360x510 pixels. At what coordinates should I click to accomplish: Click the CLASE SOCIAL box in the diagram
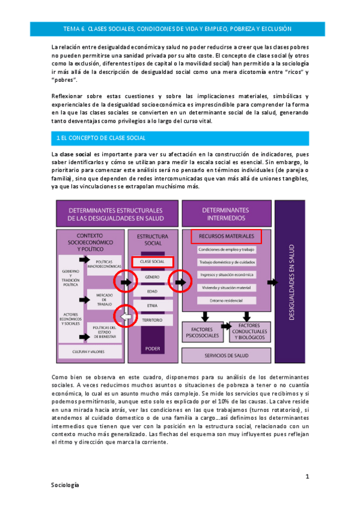click(x=153, y=262)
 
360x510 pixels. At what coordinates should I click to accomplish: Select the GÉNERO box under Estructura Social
click(x=153, y=277)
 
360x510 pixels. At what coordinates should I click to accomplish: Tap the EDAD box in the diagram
click(x=153, y=292)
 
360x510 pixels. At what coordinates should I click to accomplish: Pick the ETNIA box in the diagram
click(x=153, y=306)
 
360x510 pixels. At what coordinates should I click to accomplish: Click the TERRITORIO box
click(x=153, y=321)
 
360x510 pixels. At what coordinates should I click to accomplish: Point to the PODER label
click(x=153, y=349)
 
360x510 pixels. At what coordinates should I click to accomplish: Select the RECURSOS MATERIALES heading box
click(x=226, y=236)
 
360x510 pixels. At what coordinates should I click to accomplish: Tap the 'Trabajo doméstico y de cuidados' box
click(x=226, y=262)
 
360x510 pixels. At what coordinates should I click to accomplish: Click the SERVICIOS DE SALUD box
click(x=226, y=355)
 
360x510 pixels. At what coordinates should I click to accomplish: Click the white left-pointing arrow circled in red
click(x=126, y=314)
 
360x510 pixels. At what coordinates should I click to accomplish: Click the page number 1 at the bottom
click(x=307, y=476)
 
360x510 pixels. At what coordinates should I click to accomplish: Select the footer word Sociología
click(x=65, y=484)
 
